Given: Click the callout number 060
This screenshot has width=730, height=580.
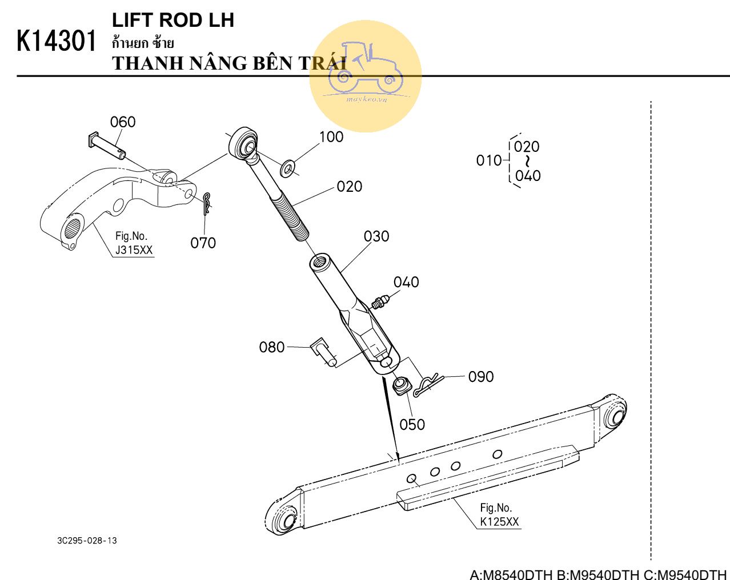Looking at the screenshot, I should pos(123,122).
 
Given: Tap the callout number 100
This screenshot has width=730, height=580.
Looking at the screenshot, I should pos(331,137).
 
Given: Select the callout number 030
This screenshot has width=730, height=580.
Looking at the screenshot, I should pos(376,236).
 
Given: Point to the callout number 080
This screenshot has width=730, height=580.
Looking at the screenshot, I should pos(272,347).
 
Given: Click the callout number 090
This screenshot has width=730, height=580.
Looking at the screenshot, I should pos(481,377).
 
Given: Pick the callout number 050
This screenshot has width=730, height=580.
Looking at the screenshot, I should pos(412,425).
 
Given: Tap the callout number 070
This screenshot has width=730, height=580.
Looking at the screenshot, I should pos(203,243).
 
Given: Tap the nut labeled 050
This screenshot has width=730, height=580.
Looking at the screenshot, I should pos(401,385).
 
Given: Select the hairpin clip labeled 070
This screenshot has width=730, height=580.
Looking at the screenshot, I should pos(208,202).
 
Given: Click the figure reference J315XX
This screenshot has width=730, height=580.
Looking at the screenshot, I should pos(134,250).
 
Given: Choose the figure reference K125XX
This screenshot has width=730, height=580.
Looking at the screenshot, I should pos(499,521).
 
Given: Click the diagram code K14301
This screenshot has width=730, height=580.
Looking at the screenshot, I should pos(57,41).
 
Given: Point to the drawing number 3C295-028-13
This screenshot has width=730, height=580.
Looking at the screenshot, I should pos(87,541).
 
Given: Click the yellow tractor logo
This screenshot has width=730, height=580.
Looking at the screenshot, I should pos(366,76).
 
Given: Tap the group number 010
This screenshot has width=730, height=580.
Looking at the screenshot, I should pos(488,161).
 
